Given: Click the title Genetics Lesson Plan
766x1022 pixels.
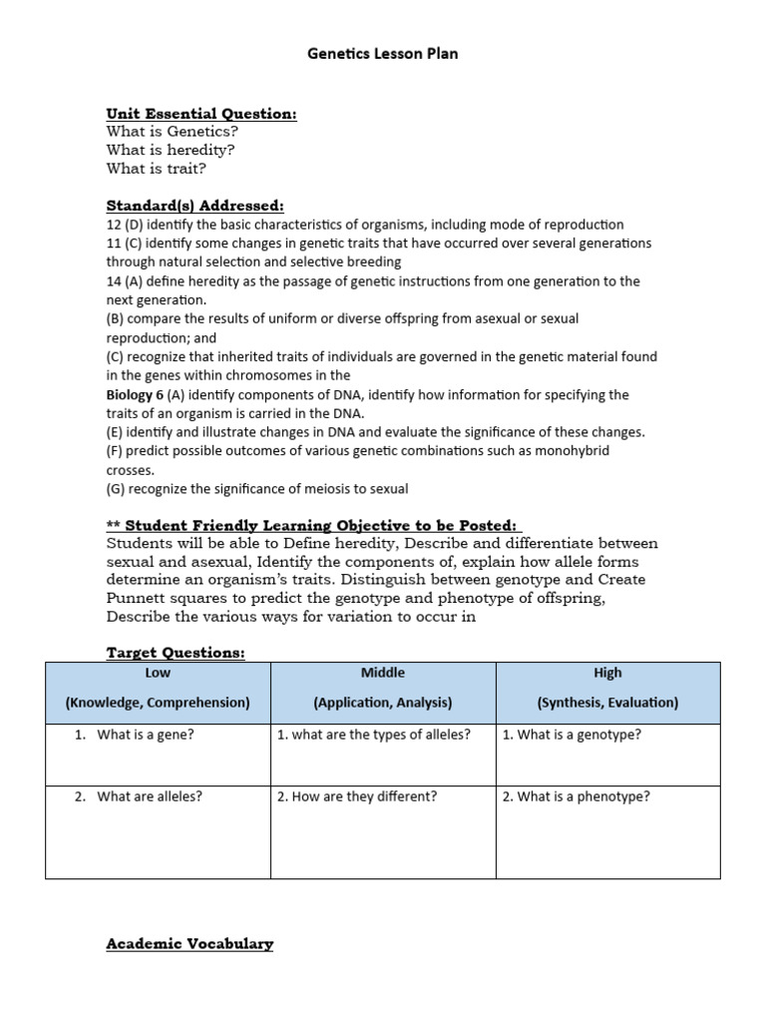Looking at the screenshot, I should point(383,54).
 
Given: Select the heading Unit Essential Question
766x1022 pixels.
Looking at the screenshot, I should point(201,114).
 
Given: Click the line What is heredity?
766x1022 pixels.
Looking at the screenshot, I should point(171,150).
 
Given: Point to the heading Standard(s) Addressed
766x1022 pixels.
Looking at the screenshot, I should point(195,206).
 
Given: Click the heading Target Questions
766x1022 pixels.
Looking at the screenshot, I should point(175,652).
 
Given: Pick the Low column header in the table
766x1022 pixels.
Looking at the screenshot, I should point(158,673).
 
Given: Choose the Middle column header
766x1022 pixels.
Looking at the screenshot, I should point(383,673).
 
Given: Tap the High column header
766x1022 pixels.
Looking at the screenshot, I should point(607,673).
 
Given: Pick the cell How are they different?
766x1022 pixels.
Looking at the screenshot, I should point(357,796).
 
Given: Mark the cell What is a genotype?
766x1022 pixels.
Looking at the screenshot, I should point(572,735).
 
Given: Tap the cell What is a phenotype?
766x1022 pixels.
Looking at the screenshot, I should point(575,796).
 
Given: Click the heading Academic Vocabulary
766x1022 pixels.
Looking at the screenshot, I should point(190,943).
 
